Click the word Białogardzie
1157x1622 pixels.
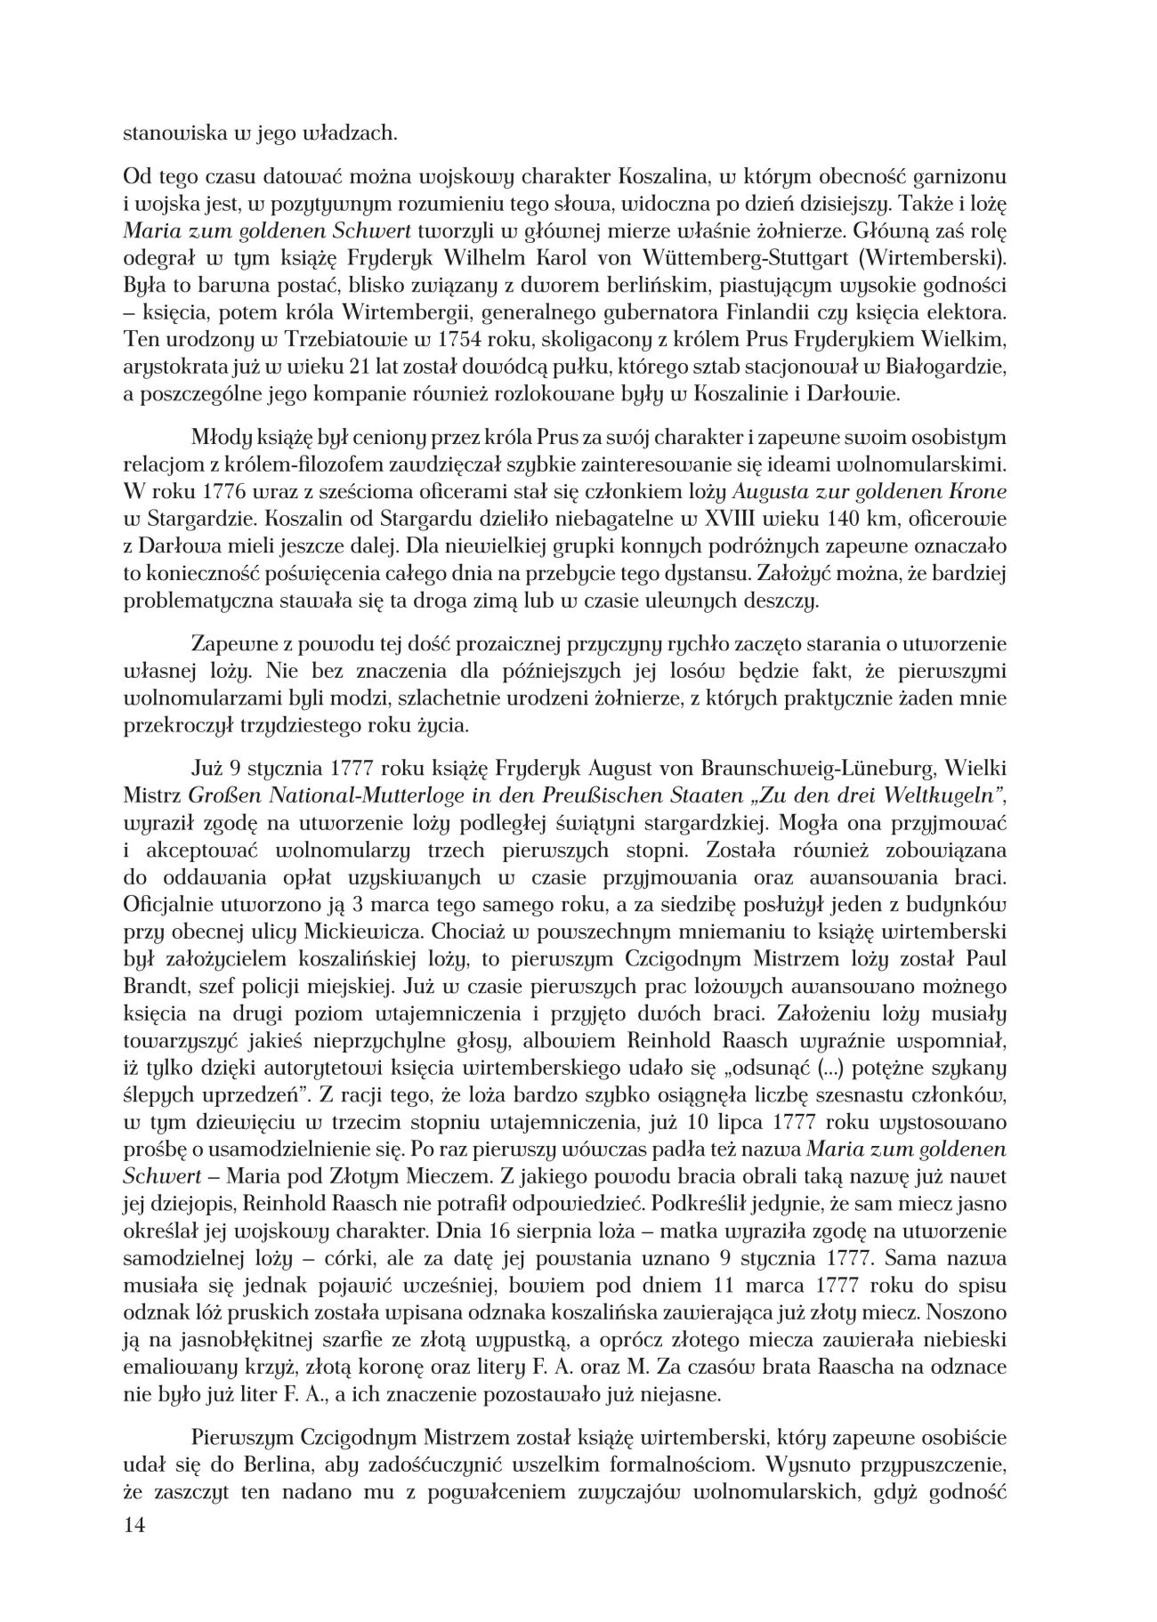968,367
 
